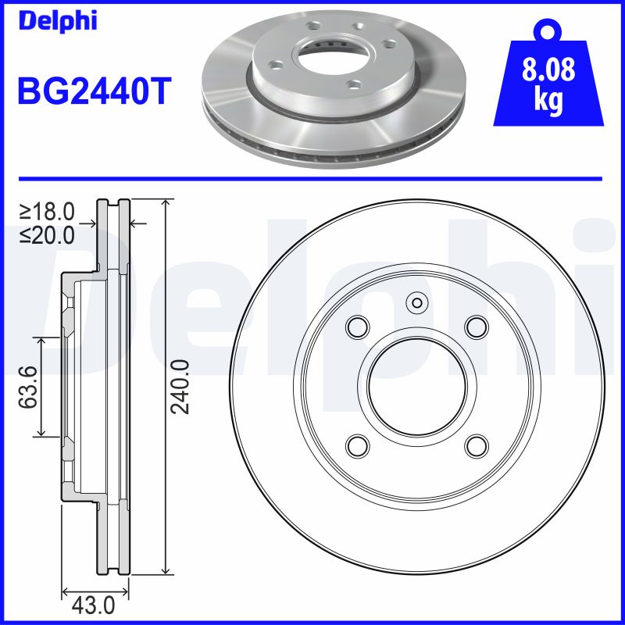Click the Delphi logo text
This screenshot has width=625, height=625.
(57, 21)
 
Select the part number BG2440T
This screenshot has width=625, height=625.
(92, 91)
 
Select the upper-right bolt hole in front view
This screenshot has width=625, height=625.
(476, 327)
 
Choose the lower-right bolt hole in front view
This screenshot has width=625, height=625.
(476, 445)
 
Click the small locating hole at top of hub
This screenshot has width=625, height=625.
(417, 303)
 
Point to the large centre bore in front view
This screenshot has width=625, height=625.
(417, 386)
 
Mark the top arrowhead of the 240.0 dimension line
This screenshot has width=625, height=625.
(165, 204)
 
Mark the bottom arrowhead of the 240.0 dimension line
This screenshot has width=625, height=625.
(165, 570)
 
